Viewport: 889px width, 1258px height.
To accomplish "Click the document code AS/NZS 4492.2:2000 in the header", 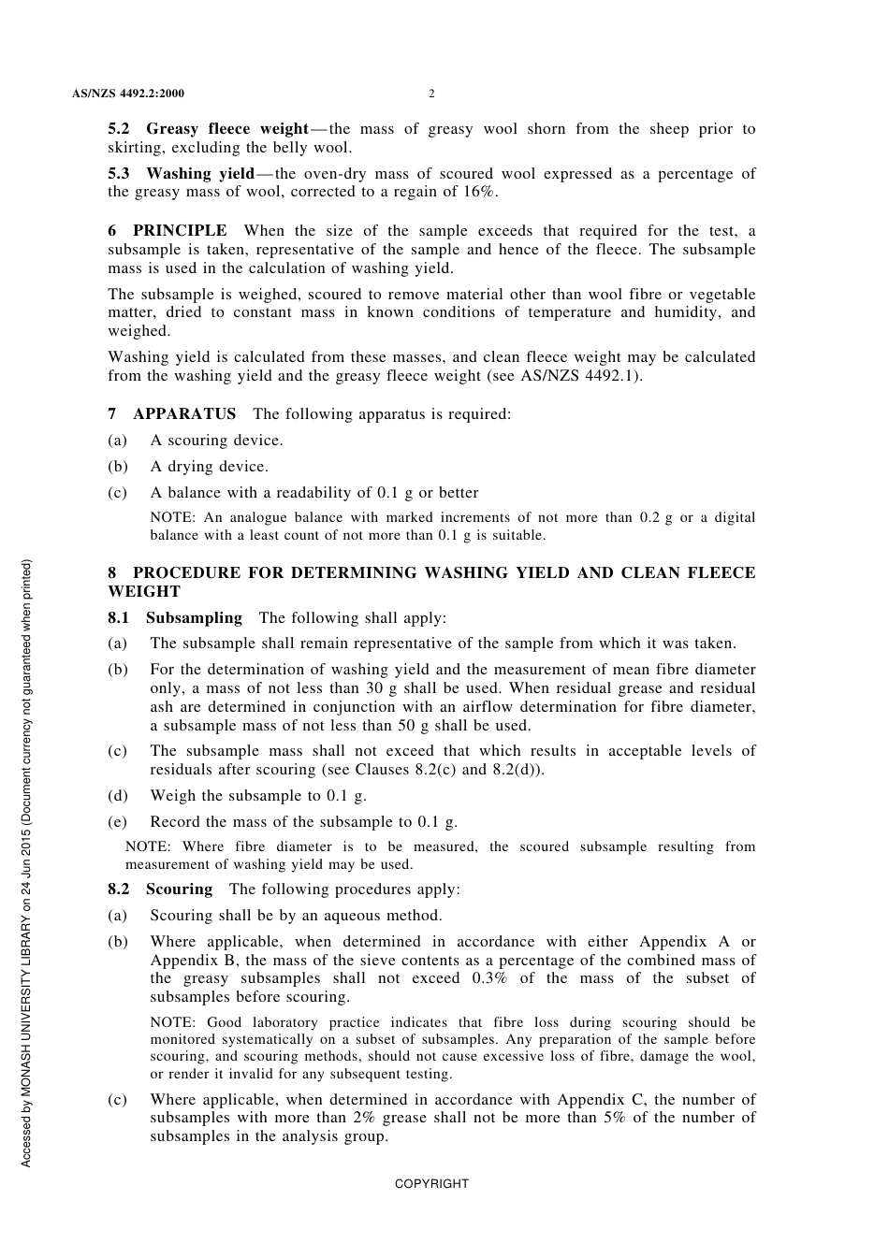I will pos(127,94).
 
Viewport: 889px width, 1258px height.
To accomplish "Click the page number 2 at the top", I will pos(431,94).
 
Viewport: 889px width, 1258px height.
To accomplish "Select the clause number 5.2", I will pos(119,129).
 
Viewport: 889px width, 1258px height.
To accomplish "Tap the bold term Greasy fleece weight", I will pos(226,129).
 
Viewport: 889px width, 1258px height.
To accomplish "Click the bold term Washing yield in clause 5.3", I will pos(199,174).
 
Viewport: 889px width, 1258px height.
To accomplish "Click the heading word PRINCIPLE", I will pos(180,231).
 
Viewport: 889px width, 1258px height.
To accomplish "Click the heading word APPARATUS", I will pos(184,414).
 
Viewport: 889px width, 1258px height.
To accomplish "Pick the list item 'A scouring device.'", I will pos(216,441).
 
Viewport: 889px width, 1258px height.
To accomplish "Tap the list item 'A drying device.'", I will pos(209,467).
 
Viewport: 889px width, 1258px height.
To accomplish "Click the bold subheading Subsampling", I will pos(194,618).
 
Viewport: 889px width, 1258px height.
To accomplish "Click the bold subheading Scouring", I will pos(179,889).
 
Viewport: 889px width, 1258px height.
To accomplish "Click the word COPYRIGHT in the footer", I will pos(431,1184).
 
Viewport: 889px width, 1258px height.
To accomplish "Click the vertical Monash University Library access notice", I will pos(26,862).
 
